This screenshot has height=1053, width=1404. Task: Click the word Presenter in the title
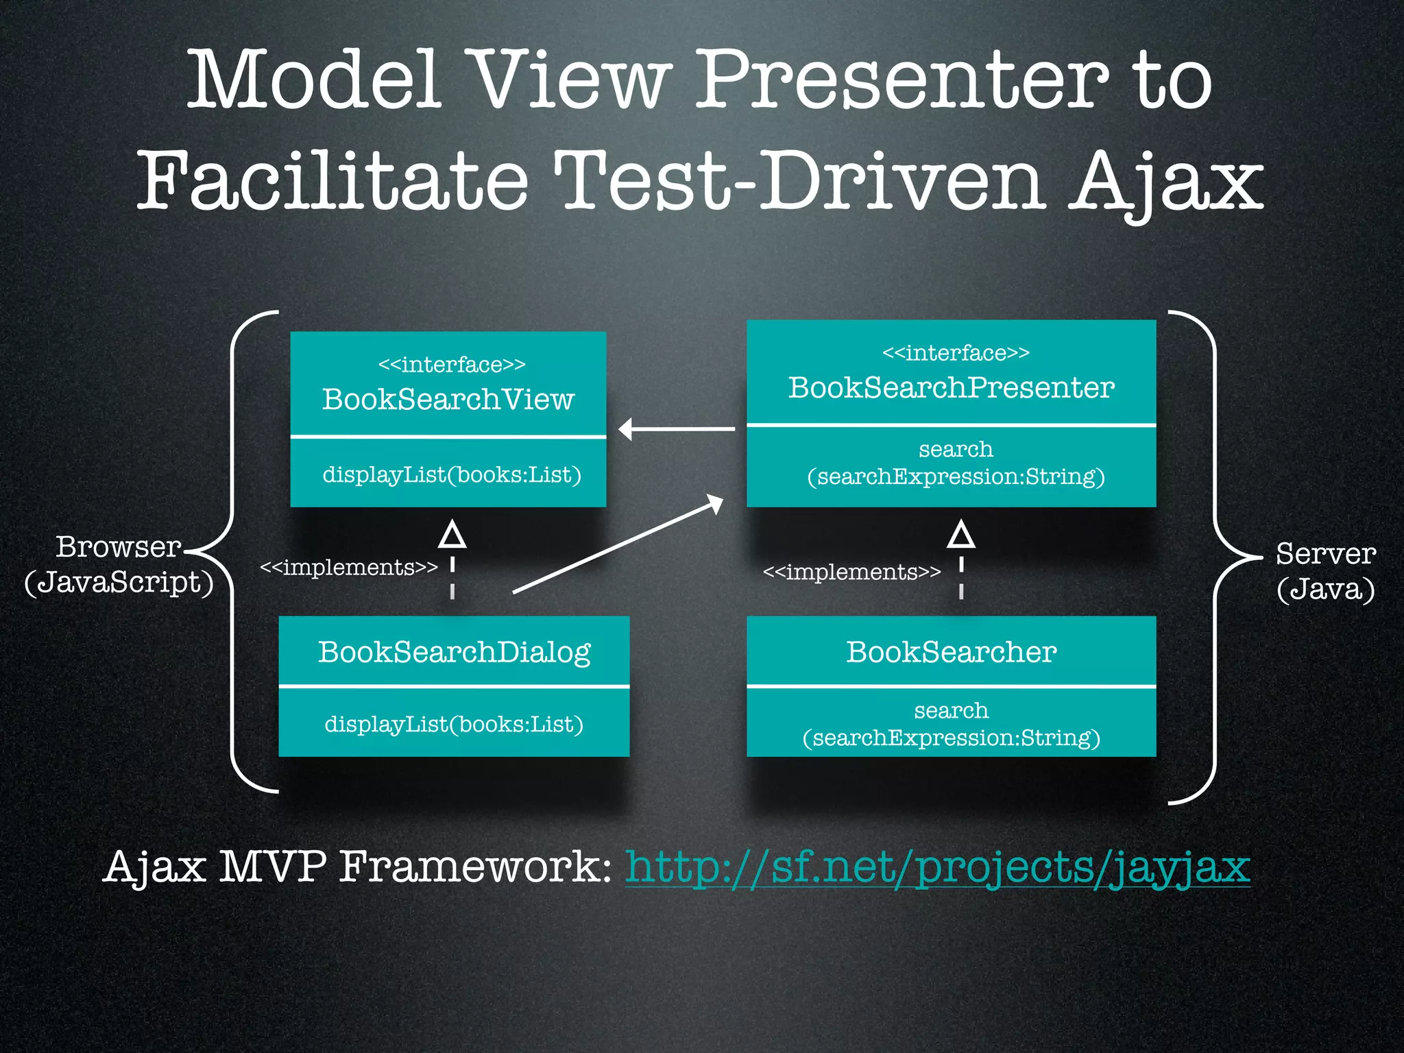(x=901, y=81)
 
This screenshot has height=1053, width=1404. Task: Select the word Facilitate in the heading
(x=332, y=182)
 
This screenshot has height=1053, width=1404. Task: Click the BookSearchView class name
(x=448, y=400)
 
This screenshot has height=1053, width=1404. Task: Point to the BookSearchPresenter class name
(x=951, y=388)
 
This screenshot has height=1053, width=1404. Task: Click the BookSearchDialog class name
(x=454, y=652)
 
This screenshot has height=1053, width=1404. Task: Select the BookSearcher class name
(x=951, y=652)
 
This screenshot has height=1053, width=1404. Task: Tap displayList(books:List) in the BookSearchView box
(x=452, y=474)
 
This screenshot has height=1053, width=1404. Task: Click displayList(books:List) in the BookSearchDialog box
(x=454, y=724)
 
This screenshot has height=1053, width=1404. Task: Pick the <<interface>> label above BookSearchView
(x=452, y=364)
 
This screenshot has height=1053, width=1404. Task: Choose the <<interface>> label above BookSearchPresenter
(x=956, y=353)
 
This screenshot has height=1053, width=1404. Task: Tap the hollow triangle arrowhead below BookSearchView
(x=452, y=535)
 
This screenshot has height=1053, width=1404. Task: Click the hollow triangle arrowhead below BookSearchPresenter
(x=961, y=535)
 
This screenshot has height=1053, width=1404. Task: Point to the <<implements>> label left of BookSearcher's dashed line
(x=851, y=572)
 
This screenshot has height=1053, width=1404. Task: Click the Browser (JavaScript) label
(x=119, y=565)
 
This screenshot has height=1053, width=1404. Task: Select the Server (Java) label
(x=1325, y=570)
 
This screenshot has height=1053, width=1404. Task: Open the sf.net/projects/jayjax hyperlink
(x=938, y=867)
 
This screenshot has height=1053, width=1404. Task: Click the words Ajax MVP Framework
(x=356, y=867)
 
